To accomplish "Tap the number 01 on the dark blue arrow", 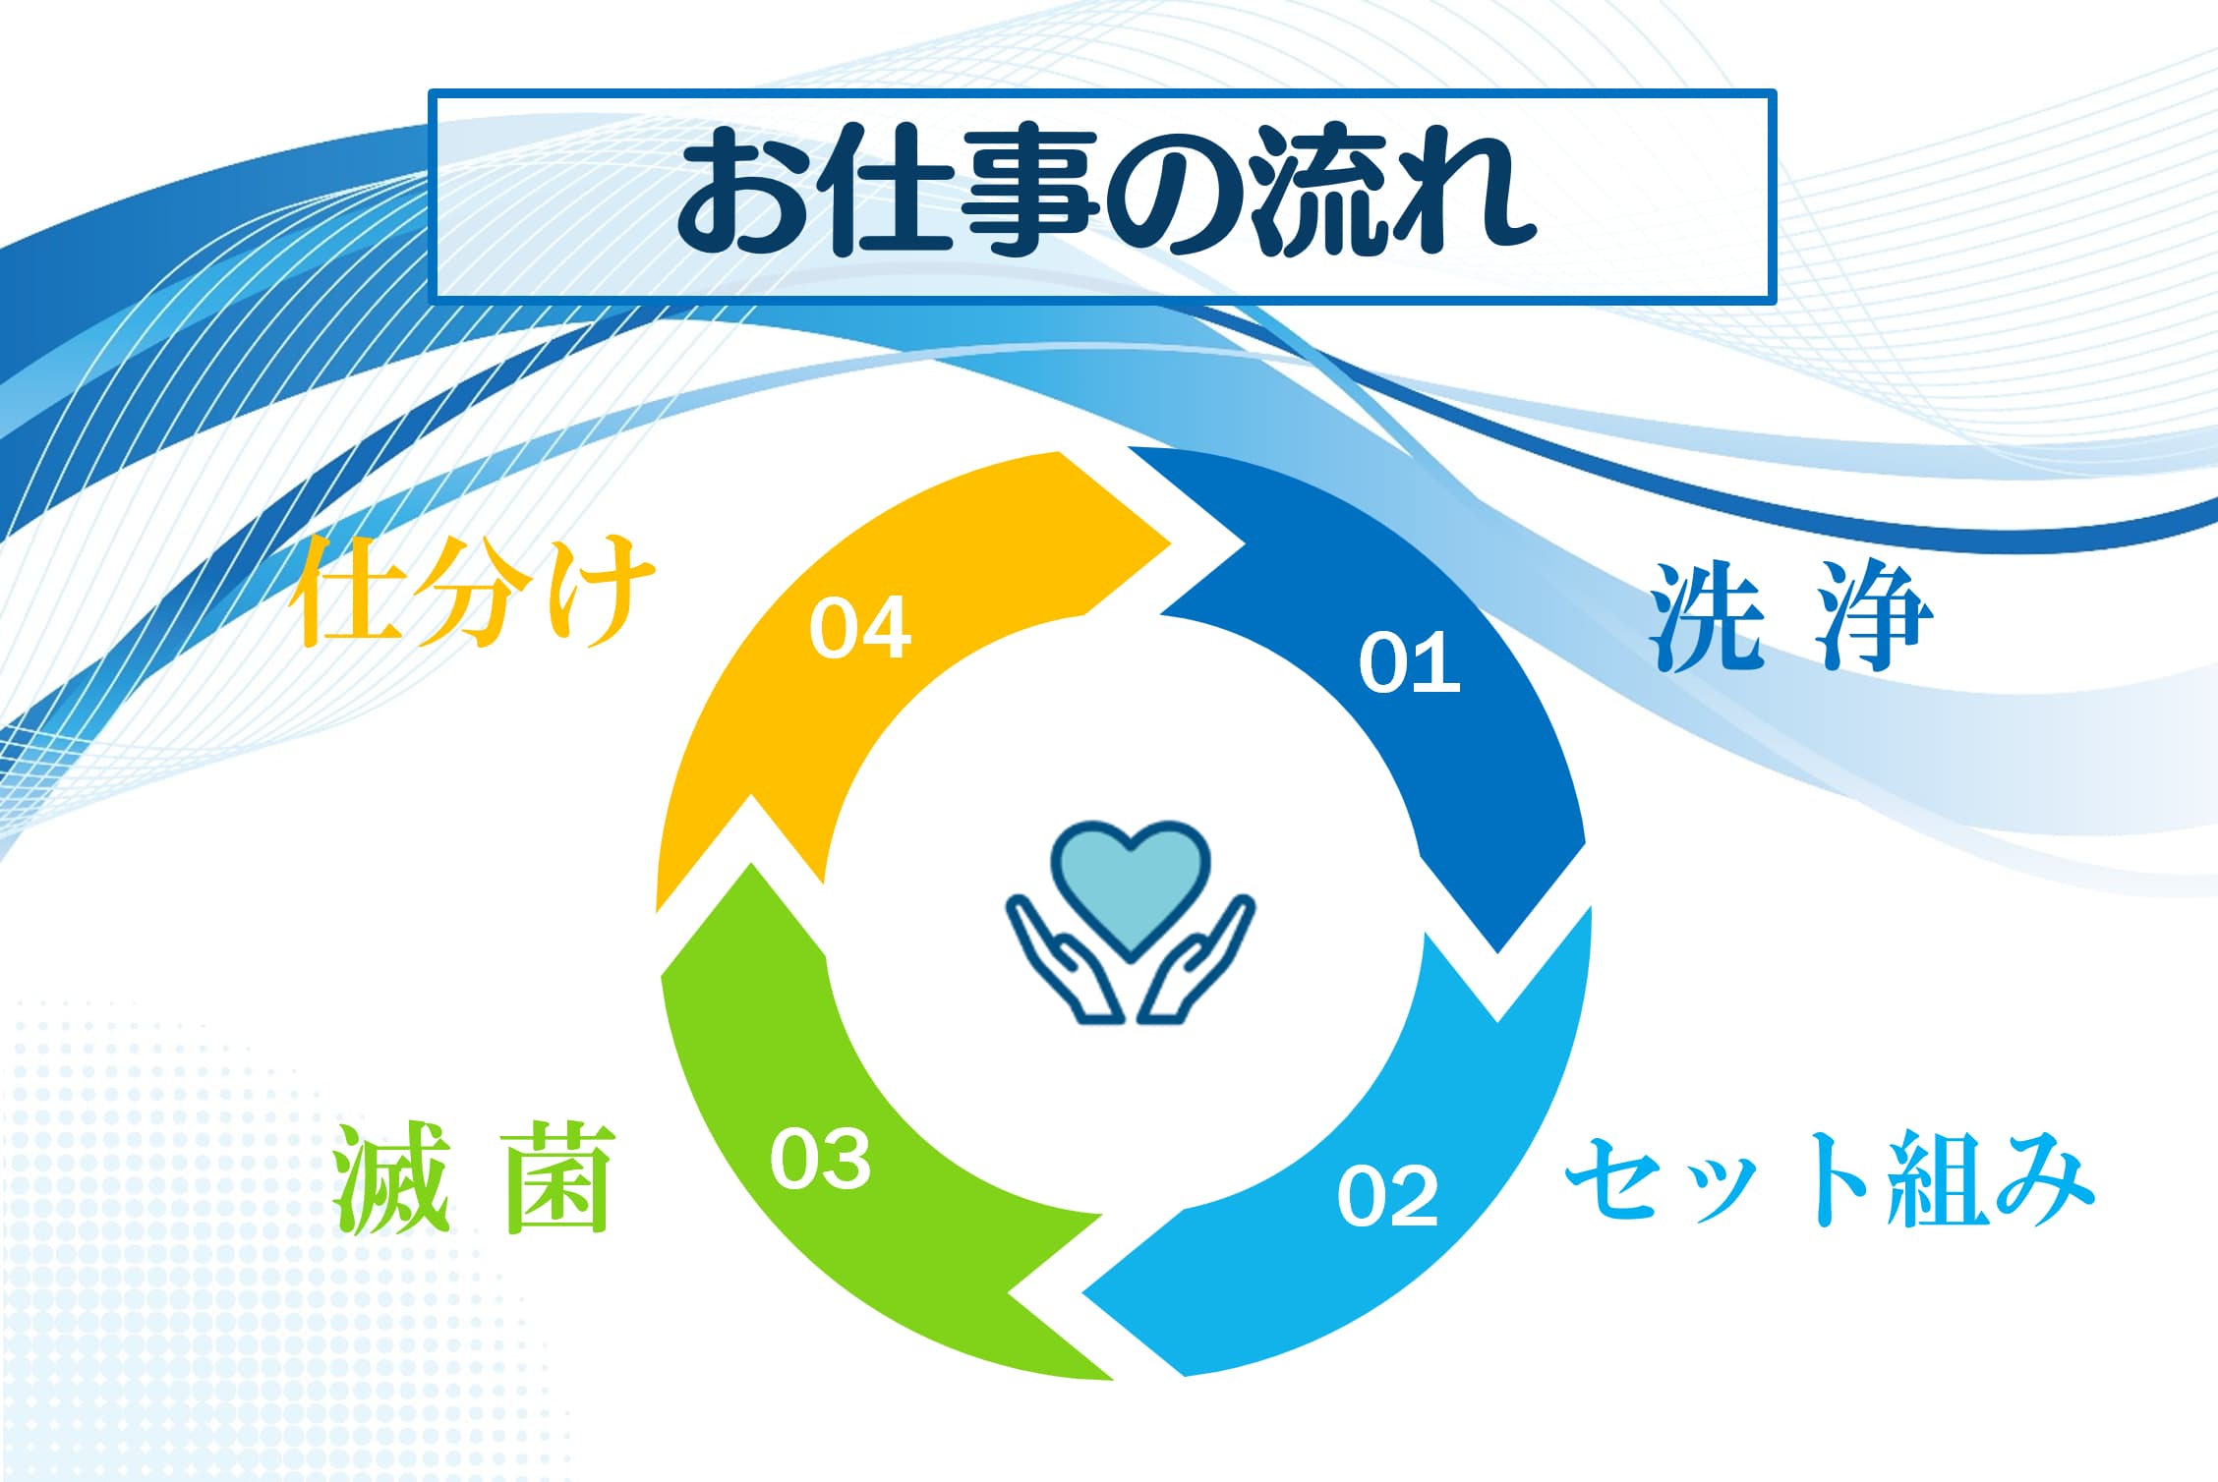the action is pyautogui.click(x=1409, y=663).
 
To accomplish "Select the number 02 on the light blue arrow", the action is pyautogui.click(x=1387, y=1195).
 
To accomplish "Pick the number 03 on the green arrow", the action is pyautogui.click(x=820, y=1159).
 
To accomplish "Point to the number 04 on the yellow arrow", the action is pyautogui.click(x=859, y=628).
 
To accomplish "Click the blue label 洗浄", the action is pyautogui.click(x=1790, y=616).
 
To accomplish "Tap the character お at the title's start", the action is pyautogui.click(x=742, y=193).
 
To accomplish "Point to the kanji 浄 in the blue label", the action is pyautogui.click(x=1875, y=616).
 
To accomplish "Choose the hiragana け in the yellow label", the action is pyautogui.click(x=600, y=592).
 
